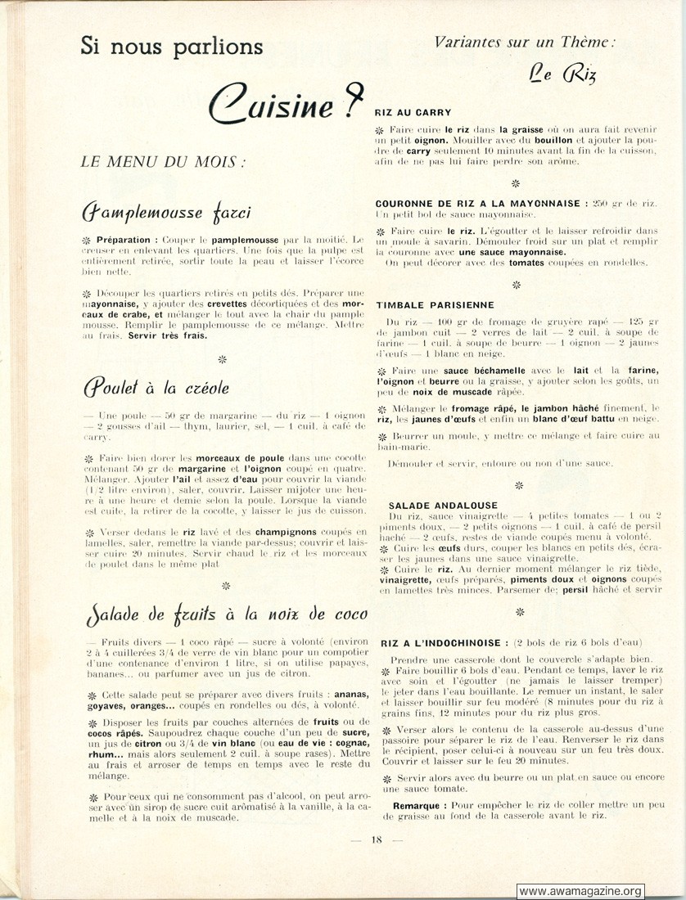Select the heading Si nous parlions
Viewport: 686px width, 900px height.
point(172,46)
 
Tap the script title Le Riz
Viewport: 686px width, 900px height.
point(562,75)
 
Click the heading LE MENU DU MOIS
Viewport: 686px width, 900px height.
point(164,161)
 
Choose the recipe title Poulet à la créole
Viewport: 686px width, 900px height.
point(156,387)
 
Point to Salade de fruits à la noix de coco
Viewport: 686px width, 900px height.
point(225,614)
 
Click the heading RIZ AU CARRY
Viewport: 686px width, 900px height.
point(413,112)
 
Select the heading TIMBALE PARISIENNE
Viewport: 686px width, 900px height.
point(435,304)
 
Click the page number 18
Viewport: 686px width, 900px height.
point(376,839)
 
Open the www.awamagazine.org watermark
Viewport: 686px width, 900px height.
point(580,891)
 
